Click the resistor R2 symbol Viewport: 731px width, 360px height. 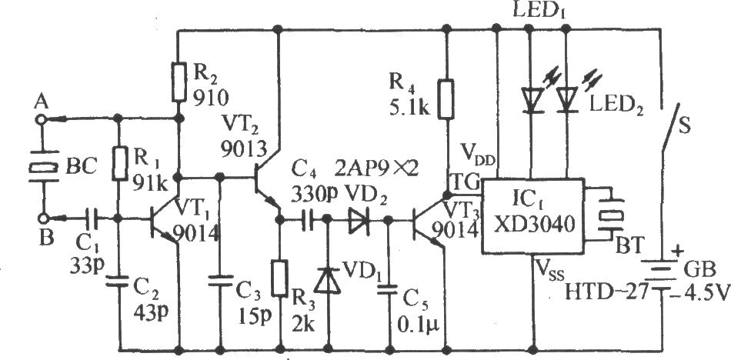[179, 82]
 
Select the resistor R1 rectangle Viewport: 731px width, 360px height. [119, 163]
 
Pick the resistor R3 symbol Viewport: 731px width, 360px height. [280, 278]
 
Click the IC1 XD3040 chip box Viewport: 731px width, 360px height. [532, 216]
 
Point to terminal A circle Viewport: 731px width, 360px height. [42, 120]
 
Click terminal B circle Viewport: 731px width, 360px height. [42, 218]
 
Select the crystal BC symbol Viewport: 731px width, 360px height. [42, 166]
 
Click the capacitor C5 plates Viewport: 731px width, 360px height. [390, 289]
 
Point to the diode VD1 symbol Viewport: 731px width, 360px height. [329, 281]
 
